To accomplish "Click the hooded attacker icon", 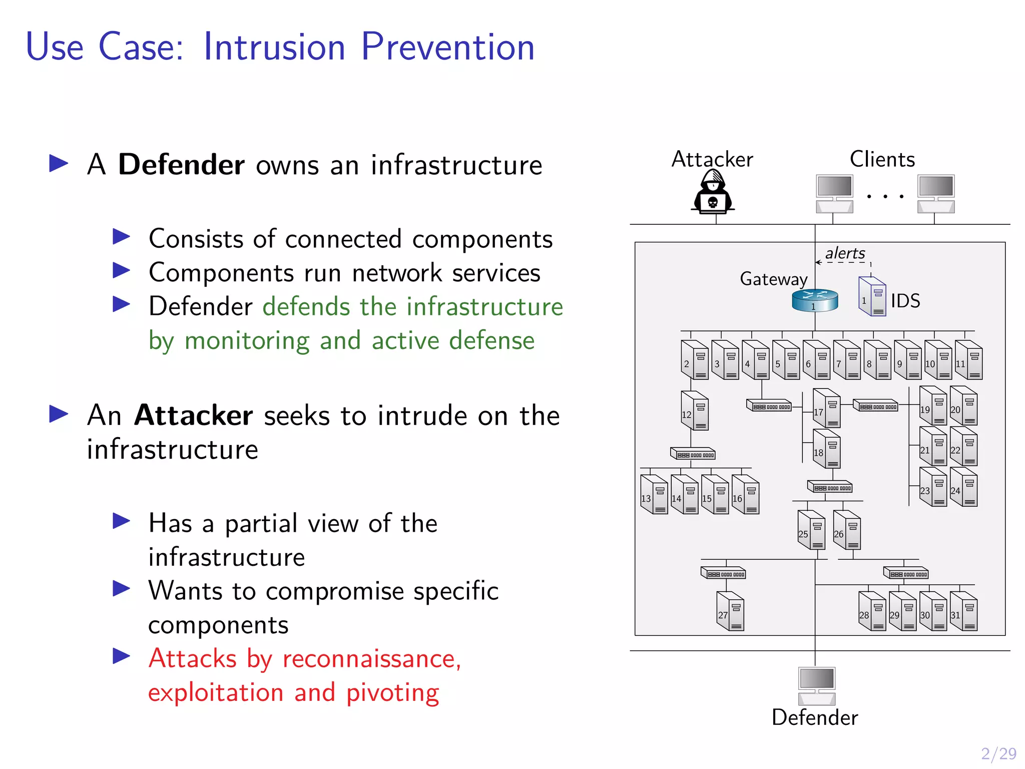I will (x=713, y=192).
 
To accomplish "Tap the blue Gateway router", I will (x=815, y=300).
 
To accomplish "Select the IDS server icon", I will (x=872, y=297).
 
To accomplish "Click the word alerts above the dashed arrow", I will (x=845, y=253).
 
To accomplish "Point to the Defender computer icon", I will (x=816, y=685).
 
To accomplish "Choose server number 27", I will (x=730, y=611).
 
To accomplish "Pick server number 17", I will (x=827, y=408).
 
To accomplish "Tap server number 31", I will (x=963, y=611).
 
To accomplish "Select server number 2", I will (x=695, y=360).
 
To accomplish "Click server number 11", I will (x=968, y=360).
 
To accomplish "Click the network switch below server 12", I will (x=693, y=454).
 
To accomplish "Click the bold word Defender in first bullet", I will (x=181, y=165).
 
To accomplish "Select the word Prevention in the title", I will (x=447, y=47).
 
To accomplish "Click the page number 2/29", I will (x=998, y=753).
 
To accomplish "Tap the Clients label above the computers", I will (x=882, y=159).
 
